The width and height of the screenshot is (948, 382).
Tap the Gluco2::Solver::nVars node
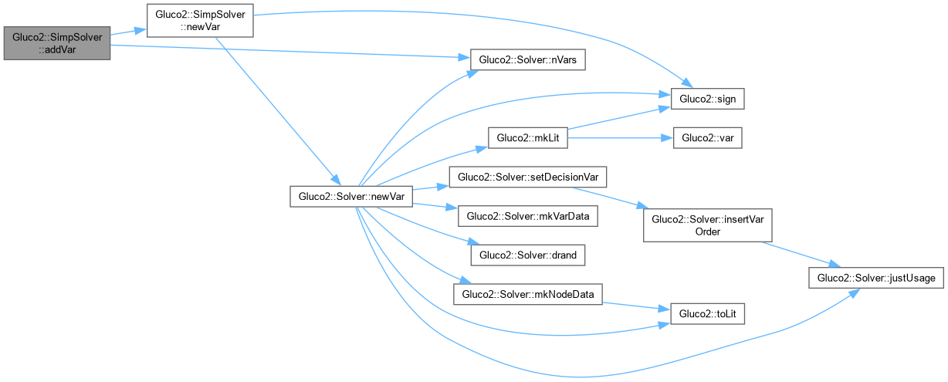527,60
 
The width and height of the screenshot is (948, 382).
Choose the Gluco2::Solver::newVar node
351,197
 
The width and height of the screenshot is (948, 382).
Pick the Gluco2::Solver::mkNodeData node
527,293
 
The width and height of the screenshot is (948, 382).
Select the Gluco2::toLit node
708,313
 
